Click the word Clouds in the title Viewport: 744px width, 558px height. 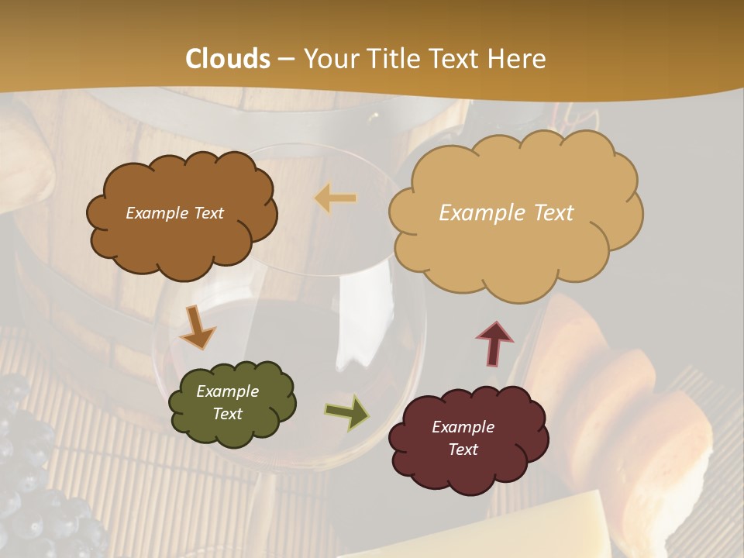click(228, 59)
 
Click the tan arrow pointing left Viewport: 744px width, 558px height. click(336, 199)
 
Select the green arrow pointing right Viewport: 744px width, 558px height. click(346, 412)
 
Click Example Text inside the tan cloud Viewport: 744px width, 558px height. click(506, 213)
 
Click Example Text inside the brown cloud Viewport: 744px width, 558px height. click(174, 213)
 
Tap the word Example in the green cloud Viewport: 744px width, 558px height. click(227, 391)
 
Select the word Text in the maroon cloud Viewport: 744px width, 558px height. click(463, 449)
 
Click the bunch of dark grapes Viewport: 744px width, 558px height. click(39, 480)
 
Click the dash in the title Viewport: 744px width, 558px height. click(285, 60)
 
